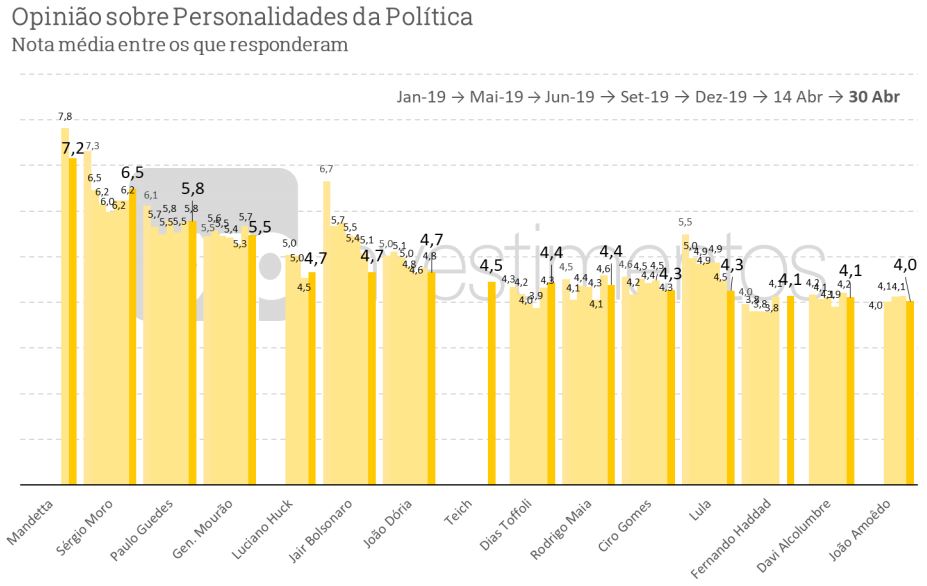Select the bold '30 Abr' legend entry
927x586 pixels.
tap(874, 97)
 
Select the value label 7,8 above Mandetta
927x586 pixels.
tap(65, 117)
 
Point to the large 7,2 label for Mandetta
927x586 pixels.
tap(73, 148)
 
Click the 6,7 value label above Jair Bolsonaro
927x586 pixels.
tap(326, 170)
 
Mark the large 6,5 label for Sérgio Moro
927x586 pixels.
tap(132, 172)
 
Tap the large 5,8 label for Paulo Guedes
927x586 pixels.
tap(192, 188)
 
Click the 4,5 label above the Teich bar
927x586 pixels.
tap(491, 265)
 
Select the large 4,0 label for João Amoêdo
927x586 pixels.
tap(905, 265)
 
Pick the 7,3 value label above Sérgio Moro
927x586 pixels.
tap(92, 146)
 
